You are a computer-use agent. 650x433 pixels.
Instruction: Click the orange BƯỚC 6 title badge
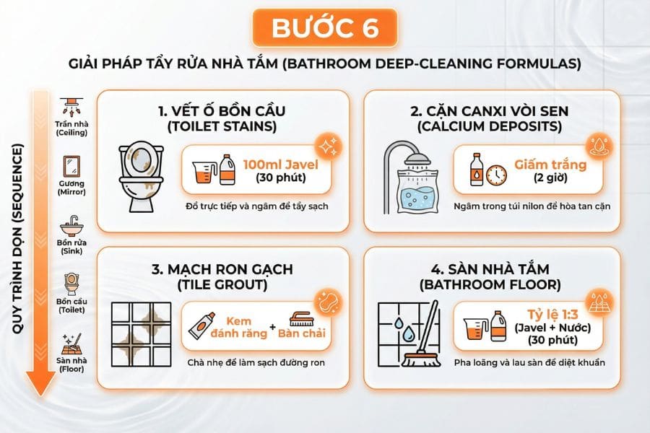point(324,28)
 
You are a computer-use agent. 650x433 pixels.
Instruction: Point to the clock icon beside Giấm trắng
point(495,174)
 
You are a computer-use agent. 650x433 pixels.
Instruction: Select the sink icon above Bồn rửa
point(71,224)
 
